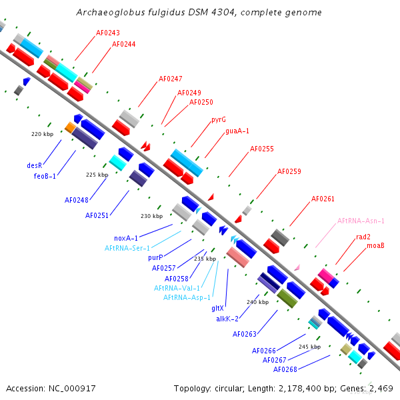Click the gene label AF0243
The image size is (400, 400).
click(108, 33)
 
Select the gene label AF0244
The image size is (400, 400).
click(124, 44)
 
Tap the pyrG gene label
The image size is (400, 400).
click(219, 120)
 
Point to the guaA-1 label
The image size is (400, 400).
click(237, 131)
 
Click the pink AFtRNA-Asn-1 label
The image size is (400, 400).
click(361, 221)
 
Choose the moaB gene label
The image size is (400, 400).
click(375, 246)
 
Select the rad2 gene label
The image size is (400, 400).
click(363, 237)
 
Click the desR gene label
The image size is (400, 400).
click(35, 165)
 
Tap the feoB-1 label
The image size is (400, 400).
click(45, 176)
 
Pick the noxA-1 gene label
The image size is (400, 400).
click(126, 238)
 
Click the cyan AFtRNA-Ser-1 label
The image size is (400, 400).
click(127, 248)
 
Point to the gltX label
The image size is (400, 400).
click(217, 308)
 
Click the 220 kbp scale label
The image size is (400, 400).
click(42, 134)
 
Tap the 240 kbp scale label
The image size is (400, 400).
click(257, 302)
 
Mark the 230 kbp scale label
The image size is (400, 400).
click(151, 216)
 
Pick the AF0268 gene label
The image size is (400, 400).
click(285, 369)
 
